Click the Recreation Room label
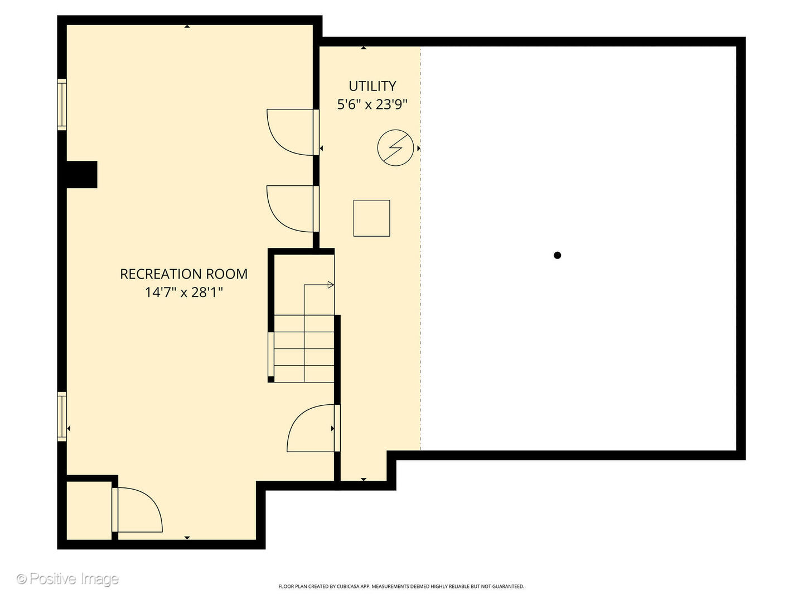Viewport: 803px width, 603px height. [x=183, y=274]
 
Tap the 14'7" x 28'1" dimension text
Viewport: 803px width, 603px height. [x=184, y=292]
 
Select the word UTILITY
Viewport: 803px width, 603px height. [x=372, y=86]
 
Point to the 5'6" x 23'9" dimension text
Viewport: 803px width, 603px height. [x=372, y=104]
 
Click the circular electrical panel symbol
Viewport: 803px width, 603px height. [x=395, y=148]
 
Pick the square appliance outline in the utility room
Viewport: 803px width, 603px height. [x=372, y=218]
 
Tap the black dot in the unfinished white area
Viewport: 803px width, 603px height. [x=557, y=255]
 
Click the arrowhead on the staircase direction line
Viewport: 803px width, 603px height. [x=331, y=285]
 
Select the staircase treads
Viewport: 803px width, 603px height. [x=304, y=348]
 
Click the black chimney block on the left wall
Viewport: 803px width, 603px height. [x=82, y=175]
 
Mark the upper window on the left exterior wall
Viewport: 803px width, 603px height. [x=62, y=104]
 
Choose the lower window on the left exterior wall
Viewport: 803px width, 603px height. [x=62, y=417]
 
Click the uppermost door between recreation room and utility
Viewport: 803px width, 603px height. [x=293, y=132]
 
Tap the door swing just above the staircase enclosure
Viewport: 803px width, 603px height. [x=293, y=209]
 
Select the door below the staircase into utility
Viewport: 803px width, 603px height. [x=313, y=428]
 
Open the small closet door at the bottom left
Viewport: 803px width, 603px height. [x=137, y=510]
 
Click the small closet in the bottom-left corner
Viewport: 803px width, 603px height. [x=89, y=510]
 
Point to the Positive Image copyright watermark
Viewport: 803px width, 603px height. [x=68, y=579]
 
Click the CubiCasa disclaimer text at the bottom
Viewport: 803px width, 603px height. [x=401, y=586]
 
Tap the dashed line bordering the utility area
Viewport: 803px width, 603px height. [x=420, y=248]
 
